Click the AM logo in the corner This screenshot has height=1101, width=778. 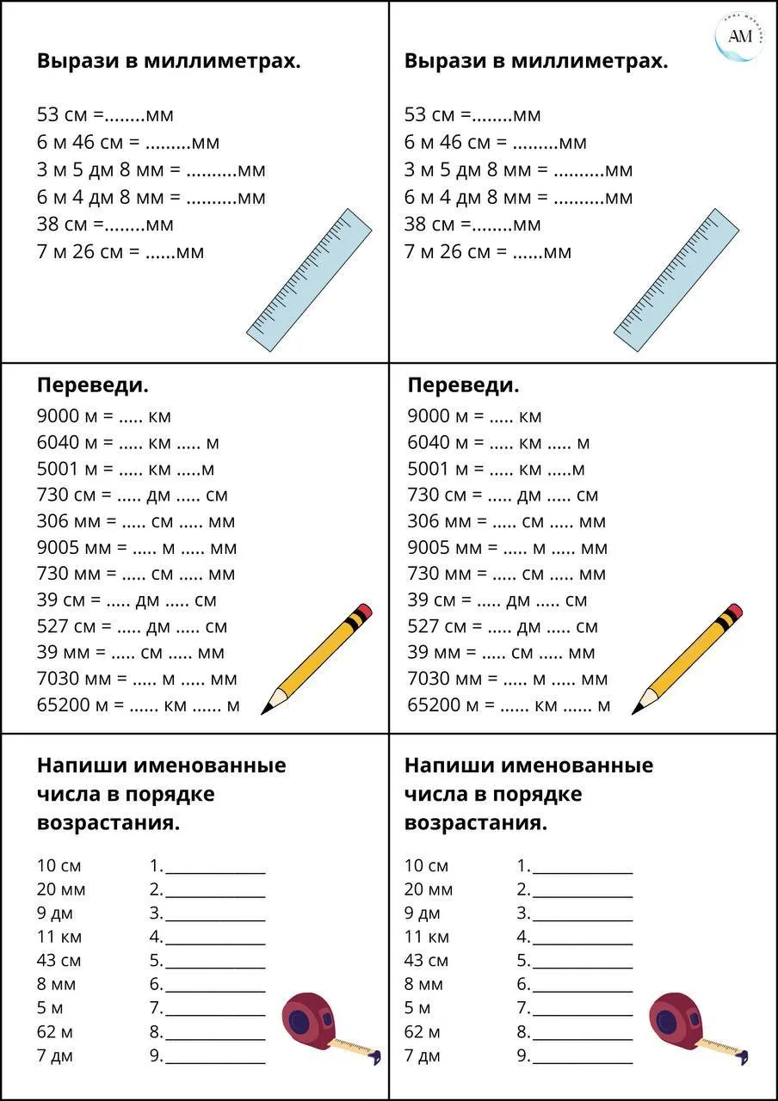(739, 36)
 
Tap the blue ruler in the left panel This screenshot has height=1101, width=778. (309, 280)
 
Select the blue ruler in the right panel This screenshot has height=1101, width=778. (676, 280)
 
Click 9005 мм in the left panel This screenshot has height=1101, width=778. (70, 548)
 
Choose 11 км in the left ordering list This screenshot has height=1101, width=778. (59, 937)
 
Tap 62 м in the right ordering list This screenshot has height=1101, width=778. (423, 1031)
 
